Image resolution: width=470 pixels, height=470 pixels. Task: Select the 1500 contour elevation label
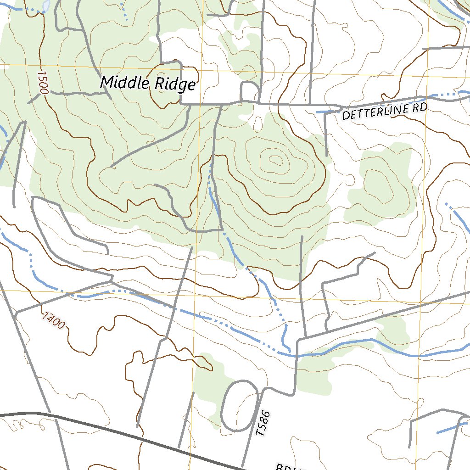click(43, 83)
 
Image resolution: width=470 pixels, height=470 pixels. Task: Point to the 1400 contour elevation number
click(52, 320)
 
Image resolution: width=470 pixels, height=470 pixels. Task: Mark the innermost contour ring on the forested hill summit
click(276, 160)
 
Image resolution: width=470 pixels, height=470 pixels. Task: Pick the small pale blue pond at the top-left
click(45, 6)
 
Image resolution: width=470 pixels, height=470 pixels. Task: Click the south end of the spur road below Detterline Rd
click(326, 155)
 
